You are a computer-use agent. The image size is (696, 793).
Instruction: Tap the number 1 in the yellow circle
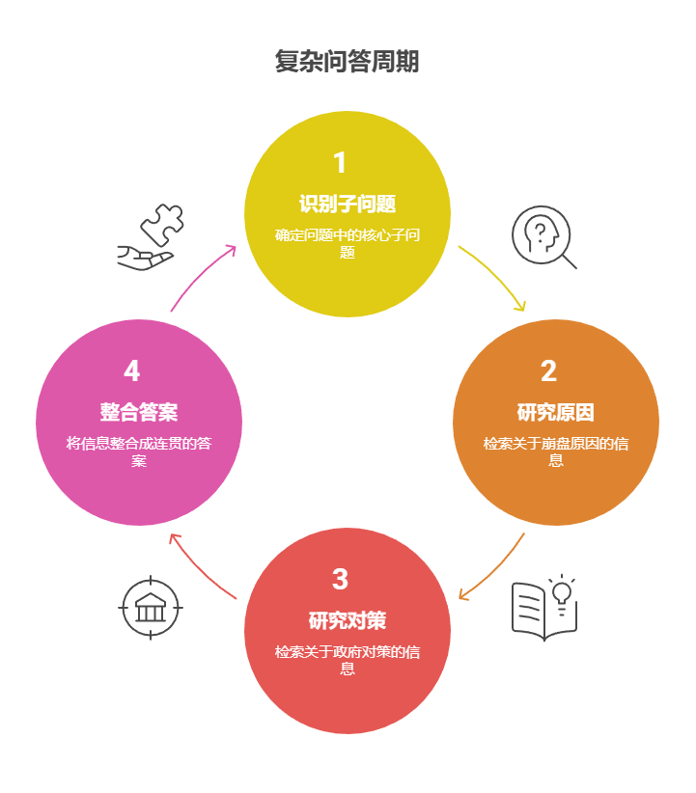(x=340, y=162)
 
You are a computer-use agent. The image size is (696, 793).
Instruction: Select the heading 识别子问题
(x=348, y=205)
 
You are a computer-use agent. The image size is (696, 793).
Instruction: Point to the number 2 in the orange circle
(x=548, y=371)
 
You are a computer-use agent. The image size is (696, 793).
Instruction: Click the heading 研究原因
(x=556, y=413)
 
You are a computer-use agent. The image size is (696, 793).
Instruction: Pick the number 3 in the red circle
(x=340, y=579)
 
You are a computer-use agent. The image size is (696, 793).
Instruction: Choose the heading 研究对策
(x=348, y=620)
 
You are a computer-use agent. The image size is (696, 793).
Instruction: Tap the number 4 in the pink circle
(x=132, y=371)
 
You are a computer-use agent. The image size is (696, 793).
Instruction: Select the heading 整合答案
(x=139, y=413)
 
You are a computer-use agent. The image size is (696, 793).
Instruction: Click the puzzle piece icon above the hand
(x=161, y=224)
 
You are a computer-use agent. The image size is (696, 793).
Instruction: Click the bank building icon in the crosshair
(x=150, y=609)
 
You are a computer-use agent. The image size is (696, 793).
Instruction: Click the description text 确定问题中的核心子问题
(x=348, y=243)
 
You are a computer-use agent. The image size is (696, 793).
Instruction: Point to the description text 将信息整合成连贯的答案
(x=139, y=451)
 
